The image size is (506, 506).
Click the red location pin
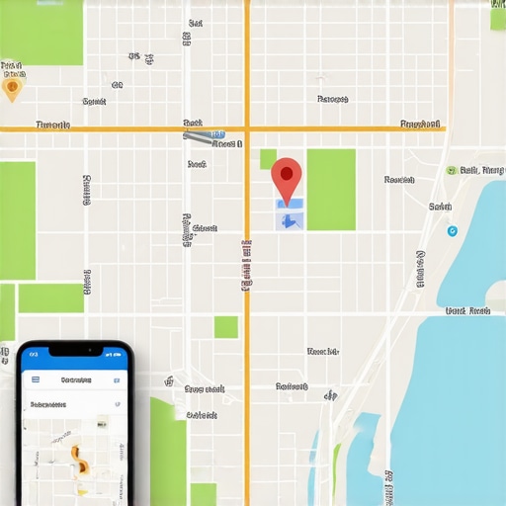coord(287,178)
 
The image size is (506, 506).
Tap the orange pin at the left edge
coord(12,89)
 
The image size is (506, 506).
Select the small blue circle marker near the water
coord(453,231)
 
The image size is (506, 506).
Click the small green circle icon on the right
coord(452,171)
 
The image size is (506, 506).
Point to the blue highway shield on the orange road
coord(217,133)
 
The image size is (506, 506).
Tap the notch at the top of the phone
coord(75,350)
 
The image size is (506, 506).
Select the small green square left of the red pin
coord(268,159)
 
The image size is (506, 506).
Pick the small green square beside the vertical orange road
coord(226,327)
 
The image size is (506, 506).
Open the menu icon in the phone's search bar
coord(36,379)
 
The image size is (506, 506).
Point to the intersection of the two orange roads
coord(247,127)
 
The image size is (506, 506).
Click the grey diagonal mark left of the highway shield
coord(196,135)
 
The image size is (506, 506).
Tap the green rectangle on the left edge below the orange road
coord(18,220)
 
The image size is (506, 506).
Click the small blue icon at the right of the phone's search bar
coord(115,379)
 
